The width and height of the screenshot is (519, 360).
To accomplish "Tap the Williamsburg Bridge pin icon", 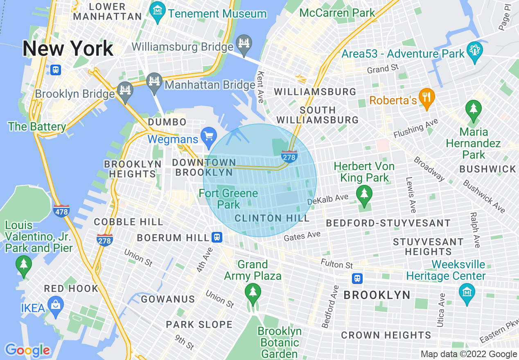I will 244,44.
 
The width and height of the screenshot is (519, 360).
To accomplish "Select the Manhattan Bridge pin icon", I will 154,82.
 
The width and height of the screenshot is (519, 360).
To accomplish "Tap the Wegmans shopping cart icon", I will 209,135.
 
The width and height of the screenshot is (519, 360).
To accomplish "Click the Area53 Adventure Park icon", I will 475,51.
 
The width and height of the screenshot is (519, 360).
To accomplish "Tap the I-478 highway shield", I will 61,211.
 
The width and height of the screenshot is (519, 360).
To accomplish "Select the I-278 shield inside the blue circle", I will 289,156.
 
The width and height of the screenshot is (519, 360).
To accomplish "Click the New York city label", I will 68,49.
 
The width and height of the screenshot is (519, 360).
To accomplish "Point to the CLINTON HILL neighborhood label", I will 272,218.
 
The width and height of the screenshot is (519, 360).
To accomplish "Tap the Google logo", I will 27,350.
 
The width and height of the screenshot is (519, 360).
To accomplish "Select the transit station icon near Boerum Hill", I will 217,237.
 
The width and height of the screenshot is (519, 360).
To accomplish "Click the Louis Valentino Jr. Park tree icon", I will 23,265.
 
